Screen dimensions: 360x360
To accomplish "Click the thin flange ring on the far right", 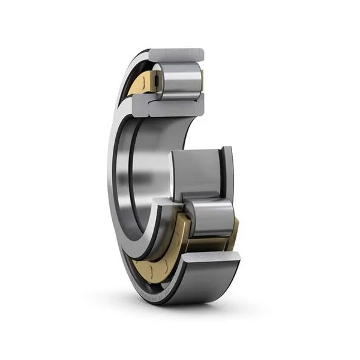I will [x=229, y=174].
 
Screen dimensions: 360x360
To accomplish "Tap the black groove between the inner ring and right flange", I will [x=223, y=174].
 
